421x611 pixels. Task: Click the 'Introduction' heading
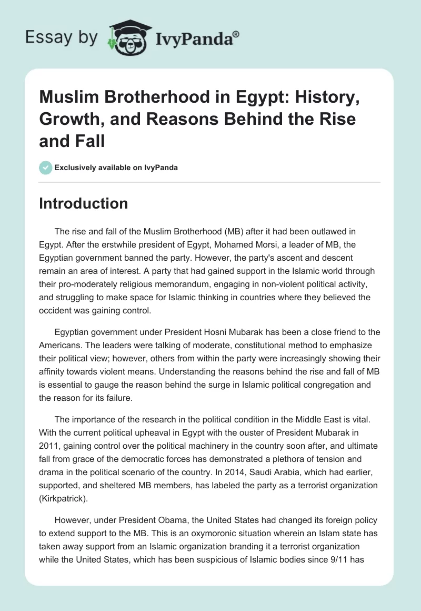click(83, 203)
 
